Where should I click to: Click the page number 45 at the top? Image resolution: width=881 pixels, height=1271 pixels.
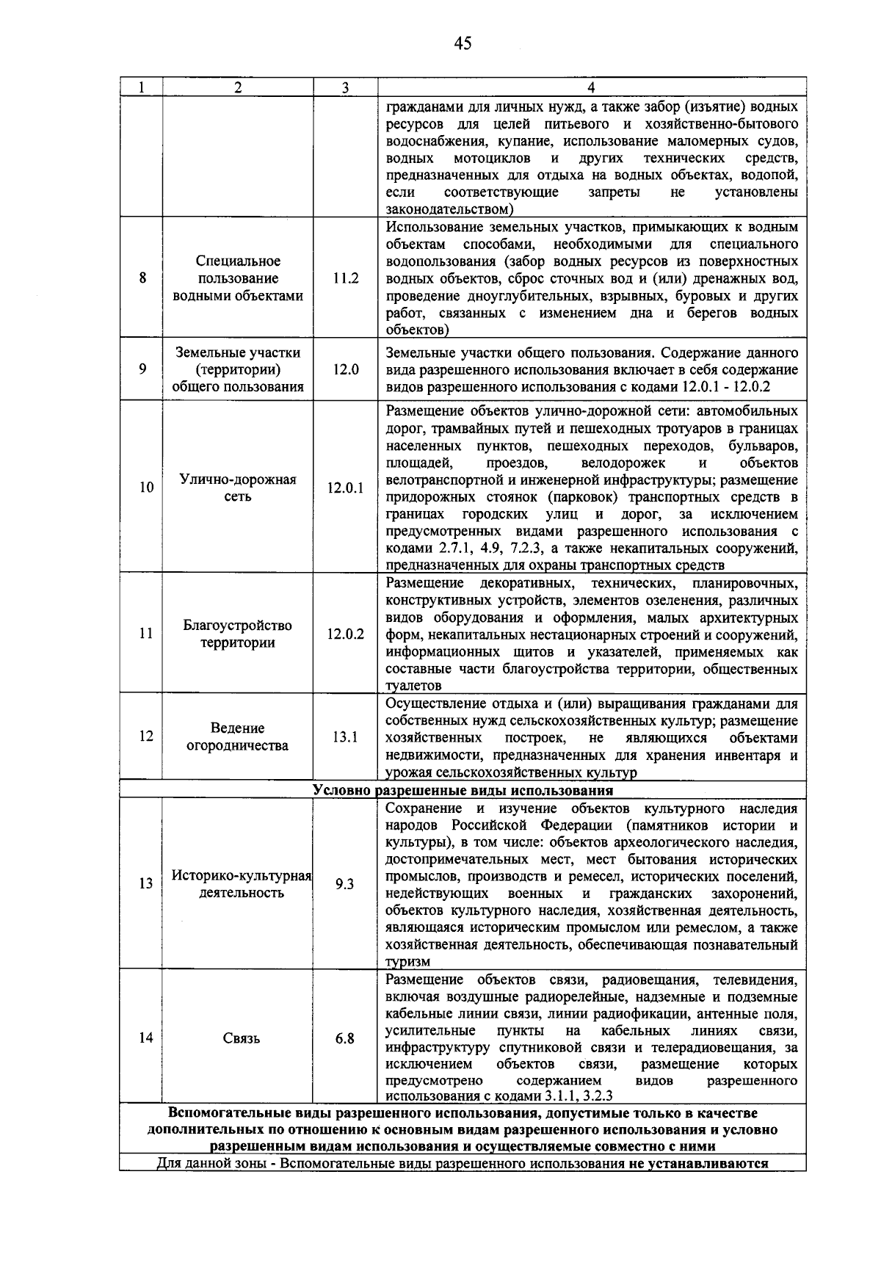(x=462, y=43)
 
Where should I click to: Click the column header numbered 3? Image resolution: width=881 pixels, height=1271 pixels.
(x=345, y=87)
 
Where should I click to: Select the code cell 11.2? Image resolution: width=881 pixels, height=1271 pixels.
(x=345, y=278)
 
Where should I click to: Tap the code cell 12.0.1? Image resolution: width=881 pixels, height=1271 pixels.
(x=345, y=488)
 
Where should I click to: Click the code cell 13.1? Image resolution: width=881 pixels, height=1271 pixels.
(x=345, y=736)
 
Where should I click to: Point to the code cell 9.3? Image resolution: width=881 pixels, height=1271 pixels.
(x=345, y=884)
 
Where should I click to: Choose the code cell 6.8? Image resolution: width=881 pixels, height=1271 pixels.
(x=345, y=1038)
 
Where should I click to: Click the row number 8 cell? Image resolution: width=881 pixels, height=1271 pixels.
(x=141, y=278)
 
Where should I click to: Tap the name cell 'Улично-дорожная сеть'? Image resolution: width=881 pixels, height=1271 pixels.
(x=238, y=488)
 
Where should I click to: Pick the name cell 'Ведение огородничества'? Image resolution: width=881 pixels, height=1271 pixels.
(x=238, y=736)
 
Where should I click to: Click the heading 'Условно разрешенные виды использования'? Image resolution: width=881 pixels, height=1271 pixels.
(x=463, y=791)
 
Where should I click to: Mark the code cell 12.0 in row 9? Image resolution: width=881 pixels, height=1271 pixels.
(x=345, y=369)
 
